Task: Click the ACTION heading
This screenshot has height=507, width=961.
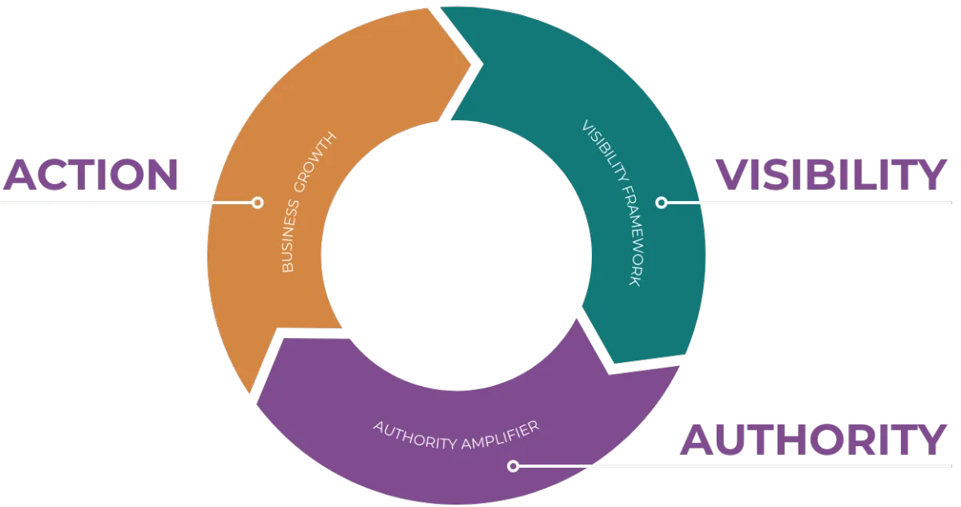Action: coord(90,174)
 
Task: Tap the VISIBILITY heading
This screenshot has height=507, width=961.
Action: coord(831,175)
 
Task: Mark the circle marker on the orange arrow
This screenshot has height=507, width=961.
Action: coord(257,203)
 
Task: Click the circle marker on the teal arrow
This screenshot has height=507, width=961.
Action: coord(661,203)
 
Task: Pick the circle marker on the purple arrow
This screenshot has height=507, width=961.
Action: coord(513,465)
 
